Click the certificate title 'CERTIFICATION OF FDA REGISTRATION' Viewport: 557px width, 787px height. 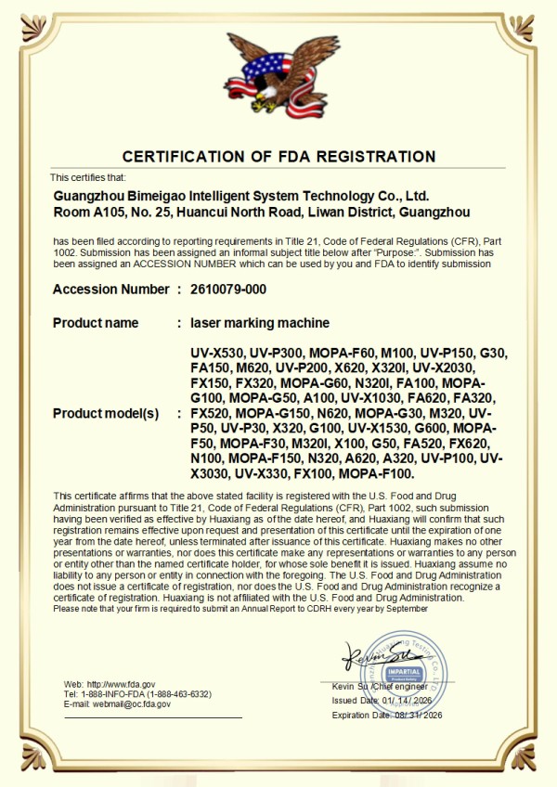(x=278, y=156)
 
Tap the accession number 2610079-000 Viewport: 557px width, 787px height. (x=228, y=290)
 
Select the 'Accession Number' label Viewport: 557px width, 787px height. (x=111, y=290)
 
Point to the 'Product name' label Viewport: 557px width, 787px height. (x=96, y=323)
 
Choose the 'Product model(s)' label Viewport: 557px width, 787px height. (x=107, y=413)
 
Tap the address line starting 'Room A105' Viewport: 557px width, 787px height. (x=262, y=213)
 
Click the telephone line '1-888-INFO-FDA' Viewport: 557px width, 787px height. (x=137, y=694)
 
